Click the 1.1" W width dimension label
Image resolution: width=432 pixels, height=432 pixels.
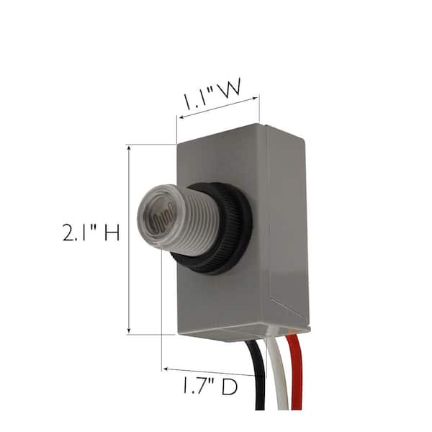(x=212, y=94)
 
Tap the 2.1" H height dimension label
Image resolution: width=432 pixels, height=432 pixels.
(x=91, y=233)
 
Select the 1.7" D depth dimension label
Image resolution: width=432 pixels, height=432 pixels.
(x=210, y=386)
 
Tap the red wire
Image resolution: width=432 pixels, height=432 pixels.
(x=295, y=372)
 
